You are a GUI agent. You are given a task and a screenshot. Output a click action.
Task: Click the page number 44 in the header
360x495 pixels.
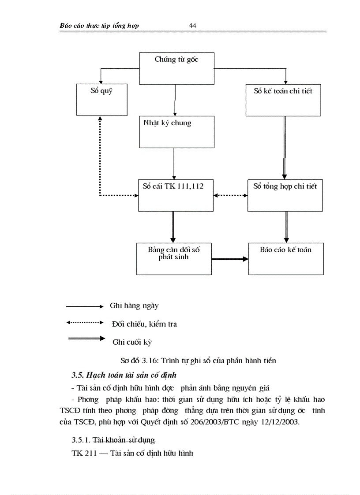193,26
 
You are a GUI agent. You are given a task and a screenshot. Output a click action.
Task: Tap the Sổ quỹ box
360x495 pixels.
101,100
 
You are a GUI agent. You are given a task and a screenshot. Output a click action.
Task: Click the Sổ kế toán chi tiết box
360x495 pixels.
283,100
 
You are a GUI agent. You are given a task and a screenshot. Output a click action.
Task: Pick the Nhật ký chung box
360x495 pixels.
176,131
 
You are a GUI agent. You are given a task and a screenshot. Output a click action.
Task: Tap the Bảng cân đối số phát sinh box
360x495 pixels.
174,258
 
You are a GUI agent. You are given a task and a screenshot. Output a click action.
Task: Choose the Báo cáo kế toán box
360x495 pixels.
286,258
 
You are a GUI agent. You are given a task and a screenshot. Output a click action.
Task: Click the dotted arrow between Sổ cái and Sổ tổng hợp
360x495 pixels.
231,195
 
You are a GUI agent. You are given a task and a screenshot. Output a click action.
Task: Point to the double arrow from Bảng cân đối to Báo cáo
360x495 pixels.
230,259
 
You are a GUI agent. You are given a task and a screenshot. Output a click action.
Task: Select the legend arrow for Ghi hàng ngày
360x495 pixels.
84,306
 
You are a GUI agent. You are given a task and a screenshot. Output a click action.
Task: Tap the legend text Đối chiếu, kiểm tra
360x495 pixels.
144,324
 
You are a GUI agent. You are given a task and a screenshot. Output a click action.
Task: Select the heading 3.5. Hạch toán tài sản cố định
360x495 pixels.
124,375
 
